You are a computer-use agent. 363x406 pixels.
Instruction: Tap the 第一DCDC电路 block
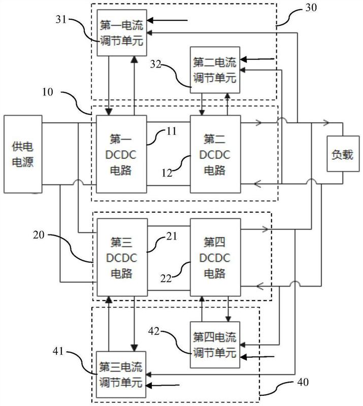pos(120,154)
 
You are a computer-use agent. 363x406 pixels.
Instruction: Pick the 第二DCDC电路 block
pos(215,154)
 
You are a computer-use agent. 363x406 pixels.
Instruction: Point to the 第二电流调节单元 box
pos(215,69)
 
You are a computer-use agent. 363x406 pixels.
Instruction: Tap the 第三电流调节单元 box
pos(120,373)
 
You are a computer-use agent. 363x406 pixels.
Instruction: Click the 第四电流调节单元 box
pos(215,343)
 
